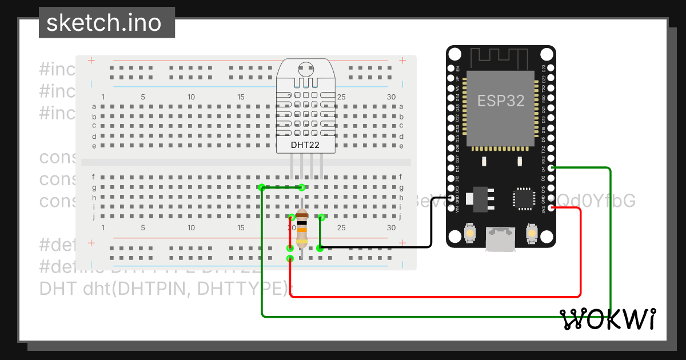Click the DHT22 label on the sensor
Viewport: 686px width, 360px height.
tap(305, 145)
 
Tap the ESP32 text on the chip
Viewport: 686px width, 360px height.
tap(501, 101)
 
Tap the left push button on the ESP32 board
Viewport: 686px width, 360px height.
tap(470, 233)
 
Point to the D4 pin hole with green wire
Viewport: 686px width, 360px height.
tap(551, 168)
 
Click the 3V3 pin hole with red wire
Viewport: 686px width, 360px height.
tap(551, 208)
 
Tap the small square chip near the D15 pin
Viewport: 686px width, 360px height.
tap(523, 198)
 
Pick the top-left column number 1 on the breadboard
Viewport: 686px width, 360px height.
tap(103, 97)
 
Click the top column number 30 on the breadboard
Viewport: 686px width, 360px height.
tap(391, 97)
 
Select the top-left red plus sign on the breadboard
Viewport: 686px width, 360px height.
tap(91, 60)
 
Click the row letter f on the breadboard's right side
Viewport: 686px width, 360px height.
tap(402, 177)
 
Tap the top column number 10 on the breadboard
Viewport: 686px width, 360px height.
tap(191, 97)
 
